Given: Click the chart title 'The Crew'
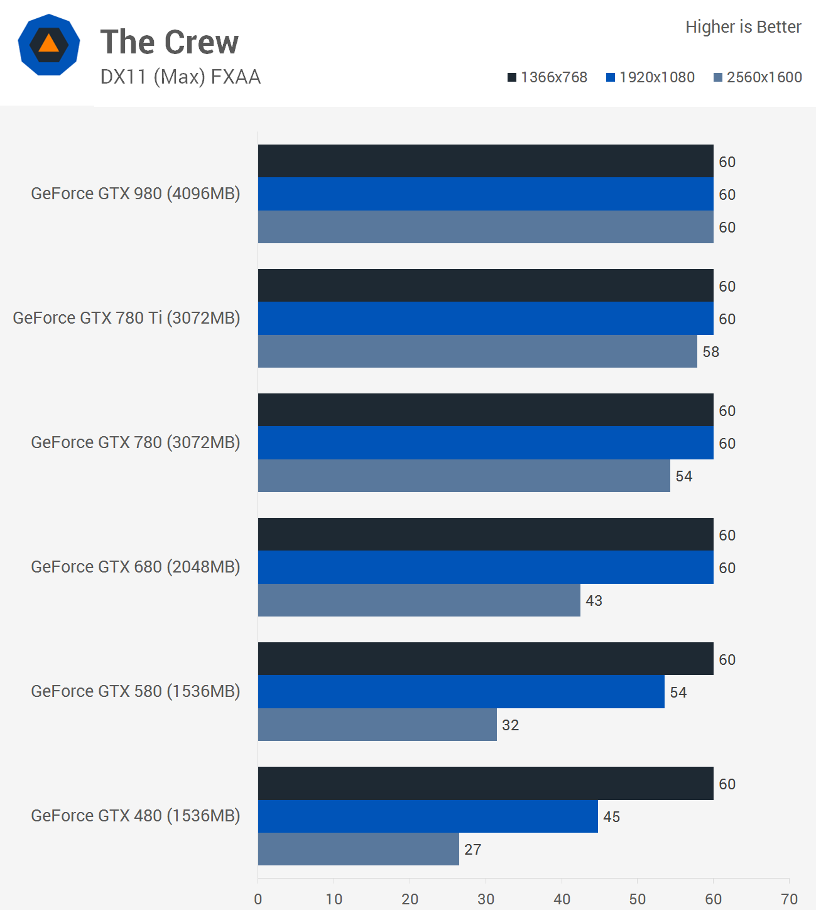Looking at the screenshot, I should point(170,42).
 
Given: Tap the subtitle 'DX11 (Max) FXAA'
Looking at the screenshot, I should point(180,77).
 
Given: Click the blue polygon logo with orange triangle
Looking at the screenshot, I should point(49,45).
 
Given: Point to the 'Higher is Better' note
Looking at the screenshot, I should point(743,27).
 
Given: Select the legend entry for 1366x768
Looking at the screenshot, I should point(547,77).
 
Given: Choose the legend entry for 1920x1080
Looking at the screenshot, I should point(650,77).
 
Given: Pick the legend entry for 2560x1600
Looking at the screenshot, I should point(758,77).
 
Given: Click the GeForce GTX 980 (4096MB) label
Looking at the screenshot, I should point(136,194).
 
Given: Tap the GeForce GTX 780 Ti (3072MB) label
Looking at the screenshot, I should point(126,318).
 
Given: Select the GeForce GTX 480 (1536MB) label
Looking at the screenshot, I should point(136,816).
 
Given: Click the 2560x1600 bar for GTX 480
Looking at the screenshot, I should point(358,849).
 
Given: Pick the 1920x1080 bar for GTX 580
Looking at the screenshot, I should point(461,692).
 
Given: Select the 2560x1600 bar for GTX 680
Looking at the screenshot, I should point(419,600).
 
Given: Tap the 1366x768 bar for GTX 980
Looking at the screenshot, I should point(486,161).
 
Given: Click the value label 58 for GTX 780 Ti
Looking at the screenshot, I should point(711,352).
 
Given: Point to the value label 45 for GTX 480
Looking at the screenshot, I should point(611,817).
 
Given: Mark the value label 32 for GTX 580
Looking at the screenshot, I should point(510,725).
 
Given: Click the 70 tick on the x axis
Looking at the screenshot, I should point(789,899).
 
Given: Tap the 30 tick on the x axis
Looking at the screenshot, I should point(486,899).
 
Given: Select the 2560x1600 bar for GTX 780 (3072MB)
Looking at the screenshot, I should point(464,476).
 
